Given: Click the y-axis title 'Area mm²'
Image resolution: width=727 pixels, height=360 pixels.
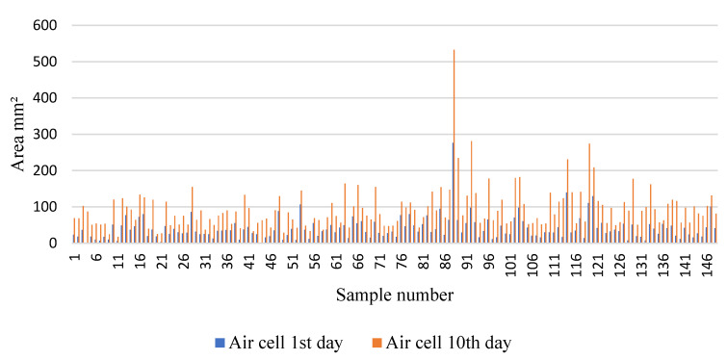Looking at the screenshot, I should pos(18,133).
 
